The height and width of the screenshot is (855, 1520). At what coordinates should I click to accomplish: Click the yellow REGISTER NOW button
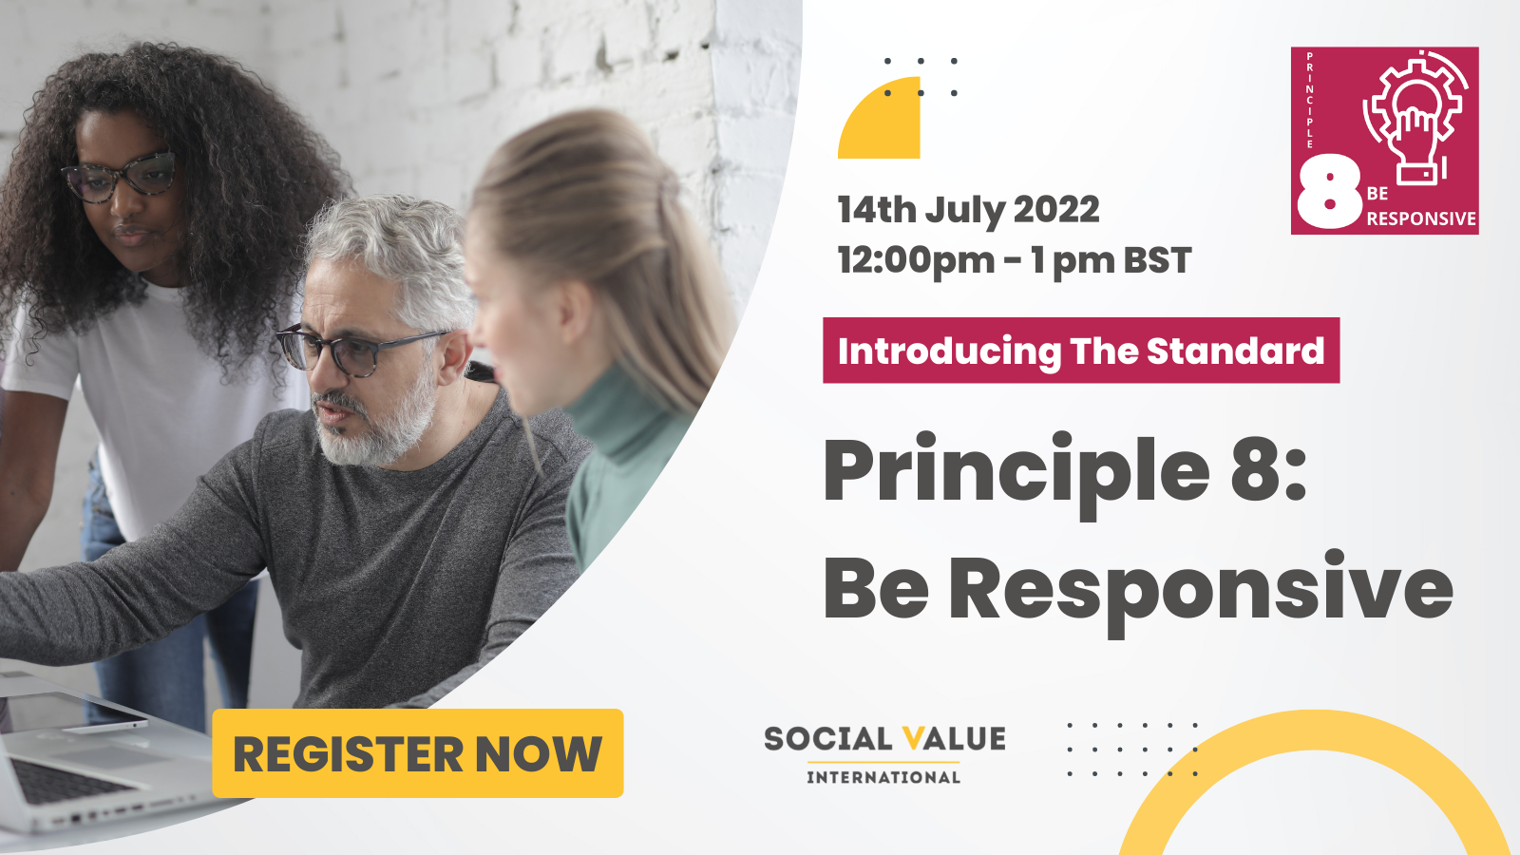(418, 753)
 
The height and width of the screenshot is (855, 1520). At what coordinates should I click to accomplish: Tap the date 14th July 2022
(967, 210)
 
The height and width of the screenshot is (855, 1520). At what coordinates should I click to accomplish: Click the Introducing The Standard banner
(1080, 351)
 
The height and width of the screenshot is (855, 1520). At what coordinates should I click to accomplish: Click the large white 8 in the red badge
(1329, 192)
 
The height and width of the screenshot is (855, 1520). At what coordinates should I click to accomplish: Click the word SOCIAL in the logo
(827, 739)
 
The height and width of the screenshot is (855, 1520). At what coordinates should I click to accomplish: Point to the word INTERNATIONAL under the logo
(883, 777)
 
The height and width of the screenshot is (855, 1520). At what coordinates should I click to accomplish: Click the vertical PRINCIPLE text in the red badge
(1310, 100)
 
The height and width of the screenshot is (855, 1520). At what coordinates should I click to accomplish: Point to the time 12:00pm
(916, 261)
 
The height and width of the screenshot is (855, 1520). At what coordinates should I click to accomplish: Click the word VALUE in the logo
(954, 739)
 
